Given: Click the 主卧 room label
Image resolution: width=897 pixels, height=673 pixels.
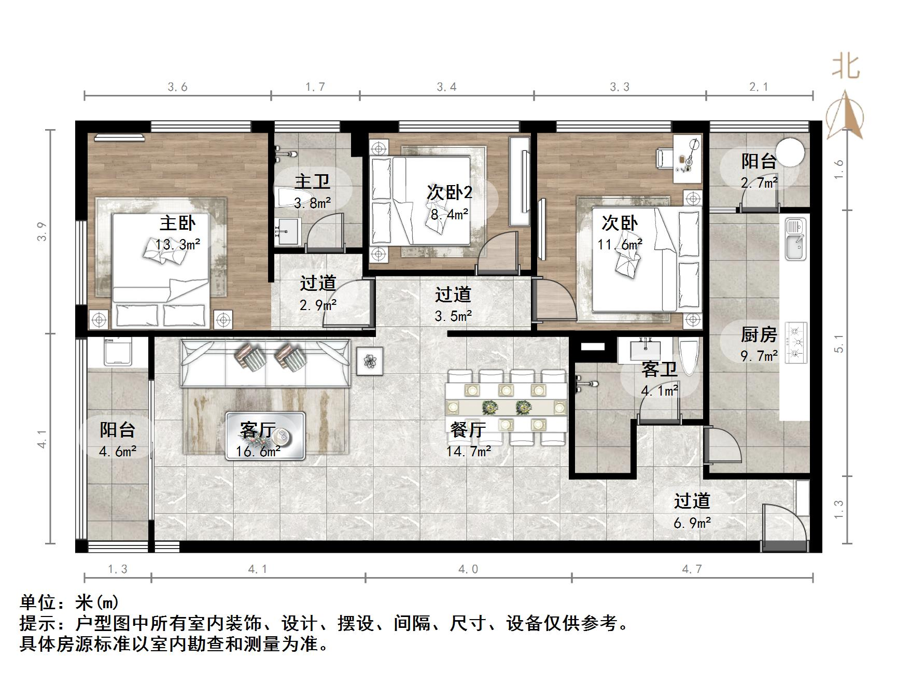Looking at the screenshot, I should tap(177, 223).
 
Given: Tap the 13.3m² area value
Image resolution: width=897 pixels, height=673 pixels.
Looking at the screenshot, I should tap(178, 244).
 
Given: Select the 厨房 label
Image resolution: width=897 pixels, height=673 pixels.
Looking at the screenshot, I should tap(758, 335).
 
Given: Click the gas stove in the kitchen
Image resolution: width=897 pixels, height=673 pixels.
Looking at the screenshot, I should tap(796, 342).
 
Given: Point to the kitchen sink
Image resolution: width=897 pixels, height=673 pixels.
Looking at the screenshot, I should tap(795, 240).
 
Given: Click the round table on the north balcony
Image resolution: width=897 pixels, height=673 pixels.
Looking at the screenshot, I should tap(789, 151).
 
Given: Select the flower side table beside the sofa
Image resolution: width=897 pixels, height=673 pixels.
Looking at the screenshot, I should tap(370, 361).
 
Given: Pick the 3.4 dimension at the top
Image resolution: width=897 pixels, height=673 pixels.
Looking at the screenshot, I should tap(446, 87).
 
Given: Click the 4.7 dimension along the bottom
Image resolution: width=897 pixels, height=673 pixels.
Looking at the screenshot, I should tap(692, 569).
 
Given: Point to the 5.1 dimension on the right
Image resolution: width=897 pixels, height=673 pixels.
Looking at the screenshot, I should tap(839, 343).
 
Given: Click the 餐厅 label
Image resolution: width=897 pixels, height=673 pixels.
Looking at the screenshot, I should tap(468, 430).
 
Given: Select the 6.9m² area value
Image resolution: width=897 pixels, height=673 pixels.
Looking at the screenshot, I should tap(692, 523).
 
